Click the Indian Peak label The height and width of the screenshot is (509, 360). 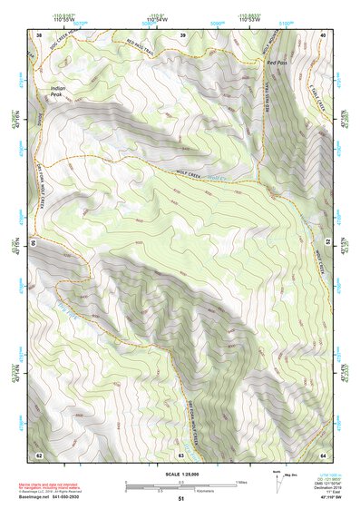(x=56, y=91)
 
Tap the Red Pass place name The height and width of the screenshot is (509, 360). (x=276, y=62)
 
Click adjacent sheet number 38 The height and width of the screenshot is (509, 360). (x=39, y=34)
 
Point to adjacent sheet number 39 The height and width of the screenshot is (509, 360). (x=182, y=34)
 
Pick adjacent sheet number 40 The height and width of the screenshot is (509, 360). (x=324, y=34)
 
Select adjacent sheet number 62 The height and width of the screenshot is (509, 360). (x=39, y=454)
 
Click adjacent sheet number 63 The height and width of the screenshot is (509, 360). (x=182, y=454)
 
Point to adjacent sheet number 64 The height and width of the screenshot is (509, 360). (x=324, y=454)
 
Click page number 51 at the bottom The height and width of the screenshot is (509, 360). (x=181, y=499)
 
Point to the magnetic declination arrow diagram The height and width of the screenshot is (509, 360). (x=277, y=480)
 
